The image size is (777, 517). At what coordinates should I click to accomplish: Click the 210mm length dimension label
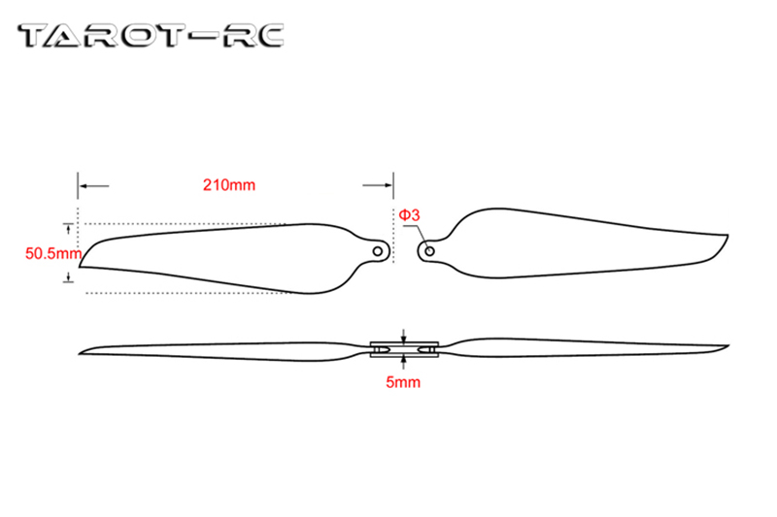pyautogui.click(x=228, y=184)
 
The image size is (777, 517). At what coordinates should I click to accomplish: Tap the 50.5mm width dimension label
pyautogui.click(x=51, y=254)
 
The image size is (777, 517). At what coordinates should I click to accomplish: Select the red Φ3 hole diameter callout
pyautogui.click(x=408, y=214)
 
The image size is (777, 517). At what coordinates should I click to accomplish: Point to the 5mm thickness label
pyautogui.click(x=403, y=382)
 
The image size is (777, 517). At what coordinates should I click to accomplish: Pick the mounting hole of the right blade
pyautogui.click(x=428, y=250)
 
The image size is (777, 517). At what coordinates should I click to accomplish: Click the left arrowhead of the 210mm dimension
pyautogui.click(x=84, y=184)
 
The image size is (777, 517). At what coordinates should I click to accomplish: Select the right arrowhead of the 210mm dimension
pyautogui.click(x=388, y=184)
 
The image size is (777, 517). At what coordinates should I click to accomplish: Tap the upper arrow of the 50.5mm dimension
pyautogui.click(x=68, y=228)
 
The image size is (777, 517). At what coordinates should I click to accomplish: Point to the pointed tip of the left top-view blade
pyautogui.click(x=80, y=263)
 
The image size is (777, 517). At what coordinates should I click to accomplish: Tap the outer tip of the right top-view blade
pyautogui.click(x=727, y=236)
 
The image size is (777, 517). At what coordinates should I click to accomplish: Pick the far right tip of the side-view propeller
pyautogui.click(x=728, y=346)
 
